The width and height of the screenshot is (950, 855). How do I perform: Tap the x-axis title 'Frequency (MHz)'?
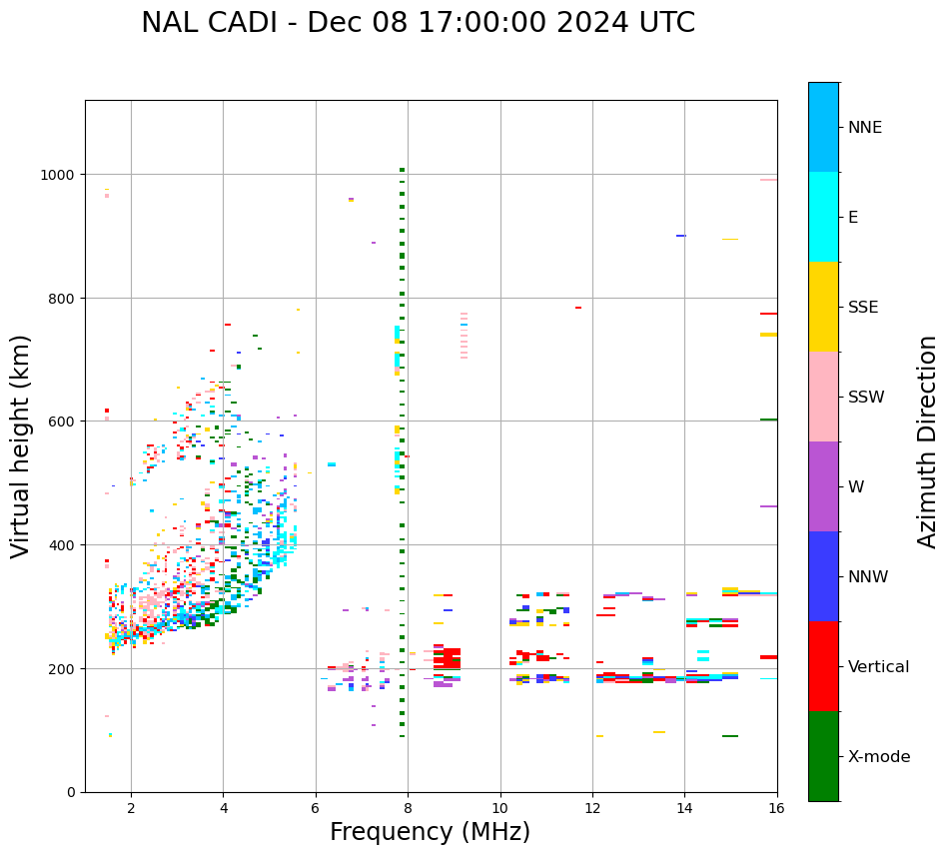[430, 832]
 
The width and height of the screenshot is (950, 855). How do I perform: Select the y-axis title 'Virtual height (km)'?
[21, 445]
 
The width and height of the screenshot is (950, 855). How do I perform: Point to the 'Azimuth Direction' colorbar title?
[927, 441]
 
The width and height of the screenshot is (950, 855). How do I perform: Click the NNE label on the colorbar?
[865, 127]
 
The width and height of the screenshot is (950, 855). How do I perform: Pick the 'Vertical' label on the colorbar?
[878, 666]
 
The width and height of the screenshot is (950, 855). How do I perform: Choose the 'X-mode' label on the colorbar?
[879, 756]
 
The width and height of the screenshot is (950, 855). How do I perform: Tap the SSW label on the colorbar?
[866, 397]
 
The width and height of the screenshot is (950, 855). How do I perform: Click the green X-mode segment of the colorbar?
[823, 756]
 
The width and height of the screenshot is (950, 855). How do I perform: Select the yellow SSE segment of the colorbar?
[823, 307]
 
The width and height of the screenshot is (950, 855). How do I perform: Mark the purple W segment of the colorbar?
[823, 486]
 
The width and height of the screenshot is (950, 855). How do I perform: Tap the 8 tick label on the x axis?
[408, 808]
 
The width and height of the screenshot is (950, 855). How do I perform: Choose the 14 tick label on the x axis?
[684, 808]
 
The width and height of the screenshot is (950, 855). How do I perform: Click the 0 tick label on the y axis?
[72, 792]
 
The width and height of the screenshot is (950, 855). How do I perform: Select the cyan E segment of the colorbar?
[823, 217]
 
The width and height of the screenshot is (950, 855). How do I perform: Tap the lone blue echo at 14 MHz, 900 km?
[681, 236]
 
